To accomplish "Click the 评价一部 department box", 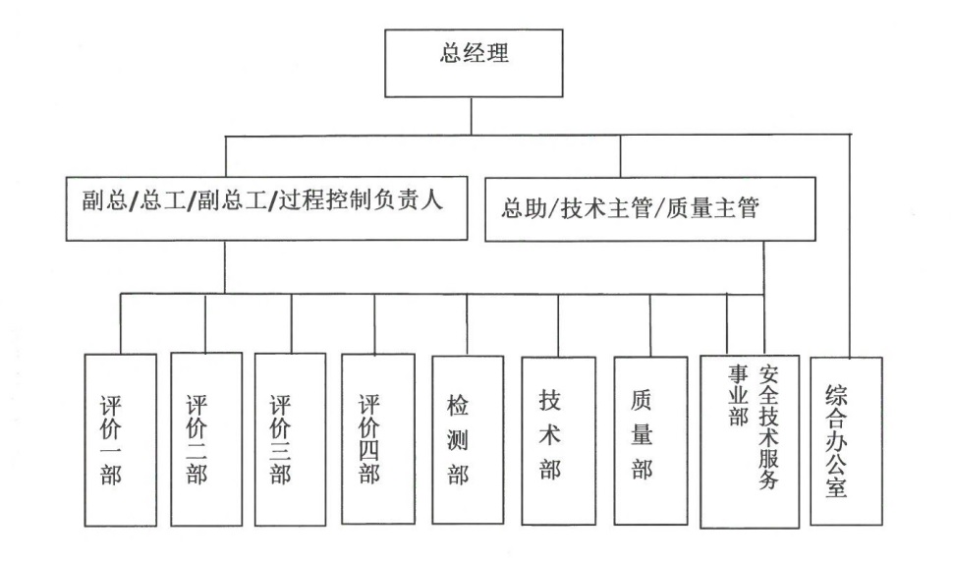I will click(119, 439).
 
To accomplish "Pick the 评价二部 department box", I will click(205, 438).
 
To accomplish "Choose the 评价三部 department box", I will click(290, 438).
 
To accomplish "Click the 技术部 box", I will click(558, 439).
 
